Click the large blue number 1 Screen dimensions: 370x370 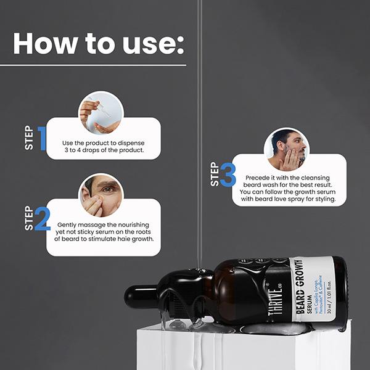click(x=42, y=138)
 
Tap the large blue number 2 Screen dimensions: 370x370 click(x=42, y=218)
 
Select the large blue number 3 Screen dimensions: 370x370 click(x=227, y=175)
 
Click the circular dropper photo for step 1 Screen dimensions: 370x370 click(x=101, y=113)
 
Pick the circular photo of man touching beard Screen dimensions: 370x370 click(x=286, y=150)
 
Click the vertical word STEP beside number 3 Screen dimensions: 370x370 click(x=214, y=175)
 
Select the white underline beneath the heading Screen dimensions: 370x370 click(x=99, y=64)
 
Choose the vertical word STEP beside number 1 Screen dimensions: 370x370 click(x=28, y=138)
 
